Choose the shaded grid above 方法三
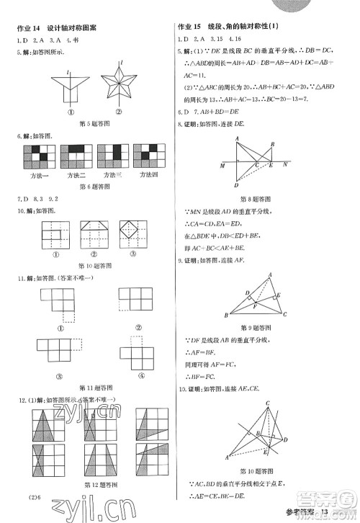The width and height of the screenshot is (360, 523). (x=112, y=157)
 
